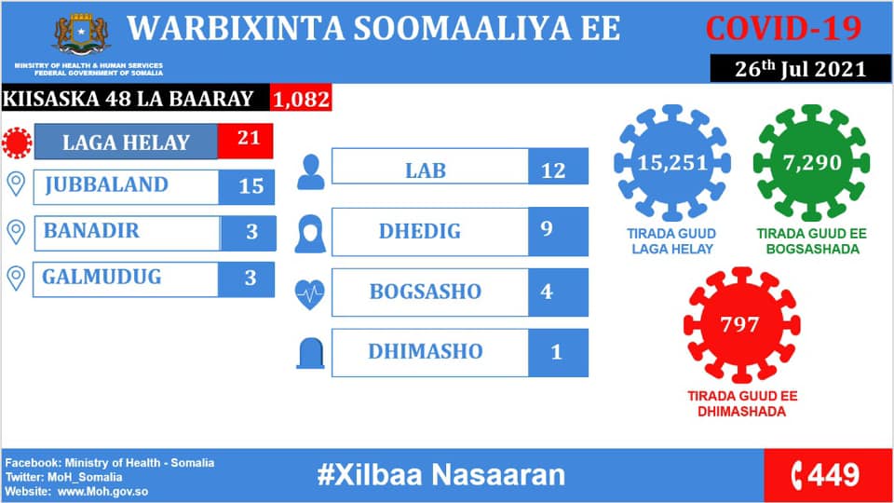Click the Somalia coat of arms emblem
point(82,34)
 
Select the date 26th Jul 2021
point(800,68)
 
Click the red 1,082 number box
point(301,99)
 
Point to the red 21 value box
point(246,141)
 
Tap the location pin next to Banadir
point(16,232)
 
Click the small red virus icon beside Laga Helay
point(17,142)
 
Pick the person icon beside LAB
point(311,171)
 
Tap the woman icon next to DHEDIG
point(311,234)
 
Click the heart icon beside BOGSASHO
point(309,294)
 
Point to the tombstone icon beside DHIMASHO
point(311,353)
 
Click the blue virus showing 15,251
point(672,162)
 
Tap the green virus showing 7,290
point(812,162)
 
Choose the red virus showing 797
point(742,325)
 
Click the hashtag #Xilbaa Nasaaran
point(440,474)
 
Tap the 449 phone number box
point(827,475)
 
